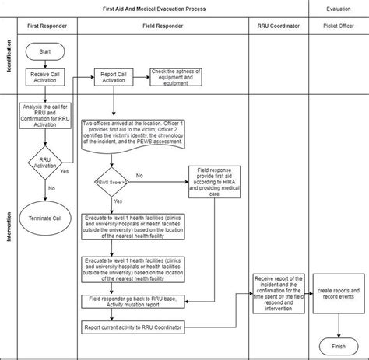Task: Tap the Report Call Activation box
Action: pos(114,79)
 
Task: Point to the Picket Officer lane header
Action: pos(337,26)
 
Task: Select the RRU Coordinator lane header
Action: pos(276,26)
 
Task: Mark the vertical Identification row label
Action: pos(9,57)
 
